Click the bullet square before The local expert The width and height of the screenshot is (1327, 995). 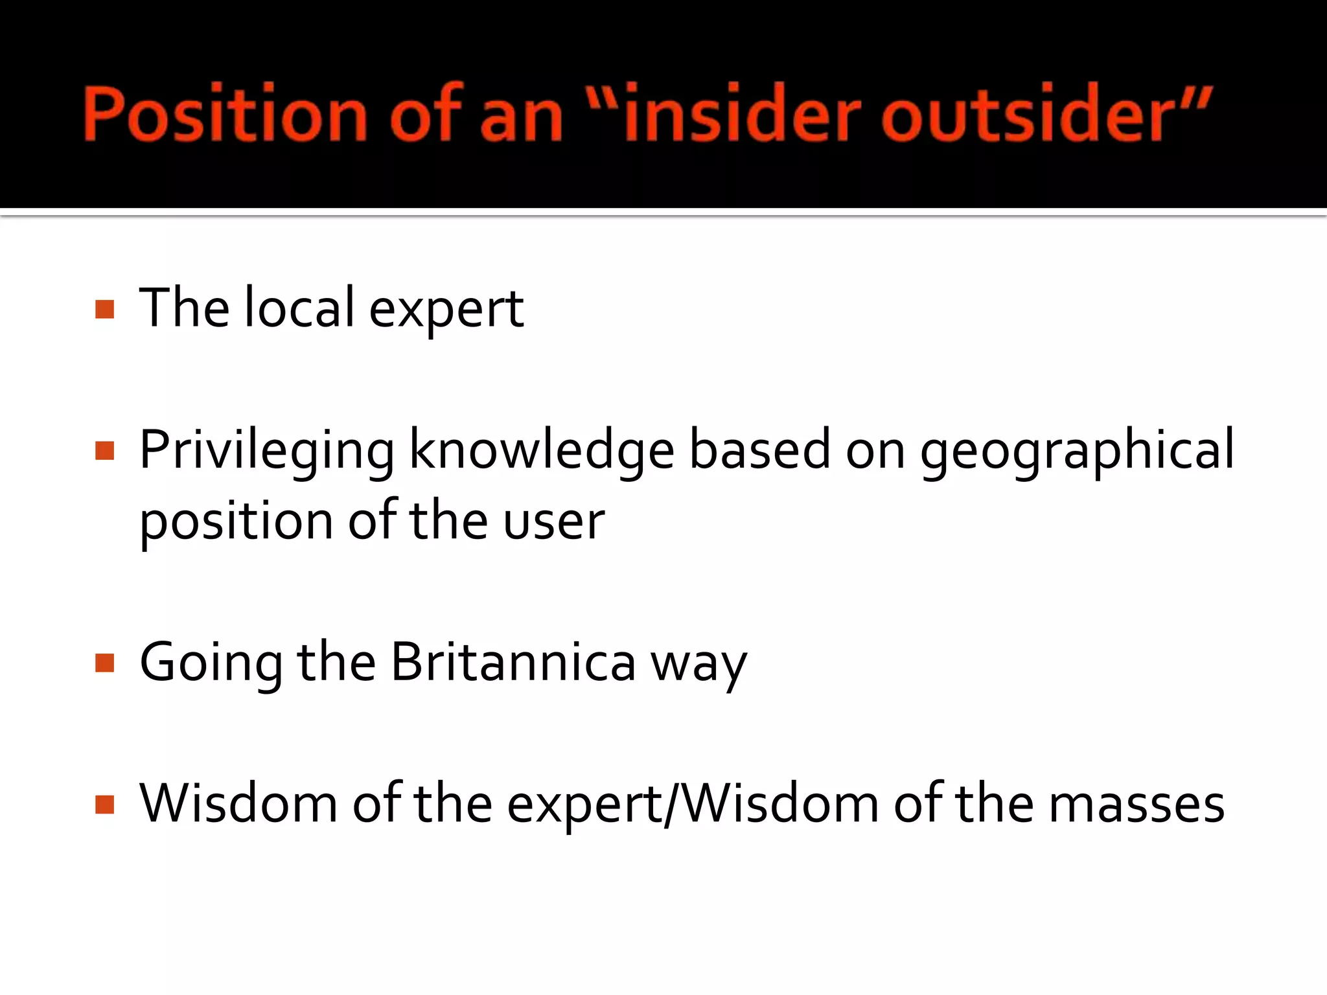[104, 309]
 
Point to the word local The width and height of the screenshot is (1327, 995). [299, 308]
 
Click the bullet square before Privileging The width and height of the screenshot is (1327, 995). [104, 450]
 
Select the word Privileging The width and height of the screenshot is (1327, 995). [266, 450]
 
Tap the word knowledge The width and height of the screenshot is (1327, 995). [542, 450]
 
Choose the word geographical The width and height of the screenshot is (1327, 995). [1077, 450]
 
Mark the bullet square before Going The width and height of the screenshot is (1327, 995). [104, 663]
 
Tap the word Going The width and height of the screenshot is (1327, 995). [211, 663]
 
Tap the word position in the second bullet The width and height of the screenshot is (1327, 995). [236, 521]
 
